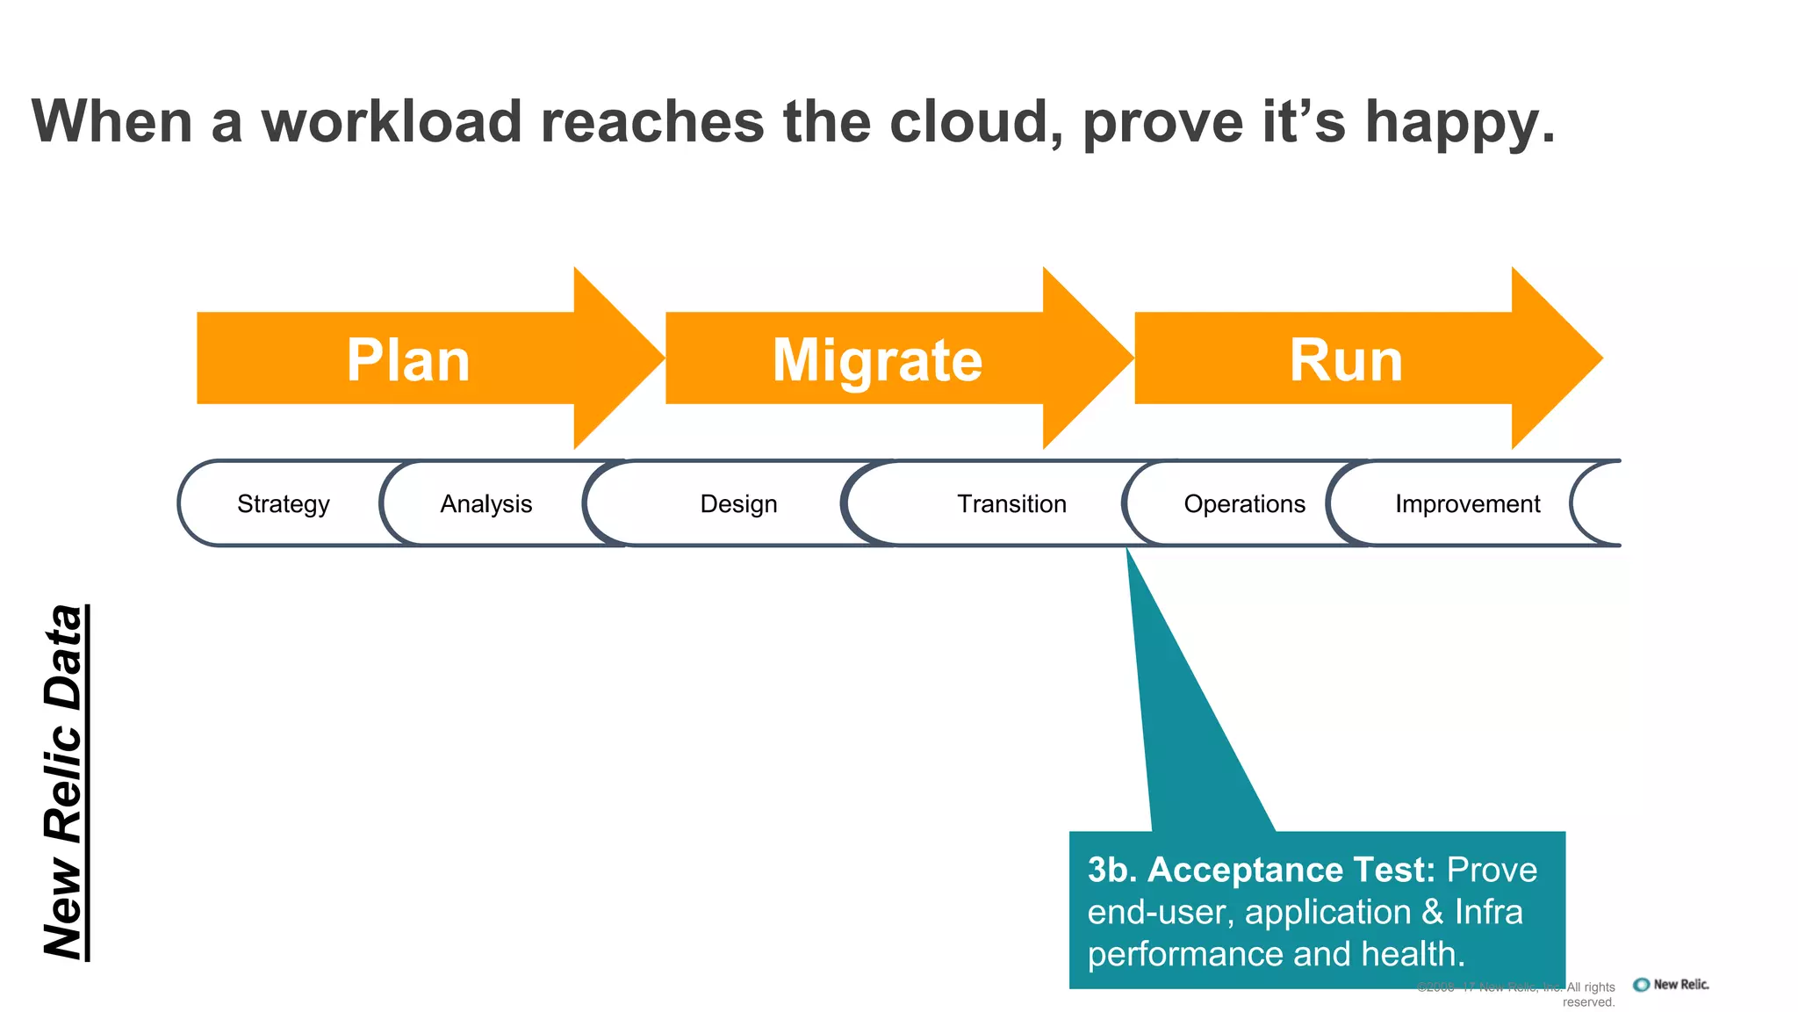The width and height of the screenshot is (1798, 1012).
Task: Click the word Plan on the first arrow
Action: [408, 360]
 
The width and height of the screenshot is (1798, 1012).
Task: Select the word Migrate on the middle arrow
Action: [877, 360]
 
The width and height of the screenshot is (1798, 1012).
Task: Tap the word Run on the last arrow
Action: [1346, 360]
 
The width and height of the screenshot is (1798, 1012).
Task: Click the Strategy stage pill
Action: [283, 504]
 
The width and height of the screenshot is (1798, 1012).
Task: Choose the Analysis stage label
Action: [485, 504]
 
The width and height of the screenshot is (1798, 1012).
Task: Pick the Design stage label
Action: [738, 504]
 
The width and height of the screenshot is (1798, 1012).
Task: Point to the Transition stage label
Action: [1011, 504]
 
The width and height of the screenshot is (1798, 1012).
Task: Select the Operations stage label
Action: [1244, 504]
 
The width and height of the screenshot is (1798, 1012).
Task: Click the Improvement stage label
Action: [1467, 504]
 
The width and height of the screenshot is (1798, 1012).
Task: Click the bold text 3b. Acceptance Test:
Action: [1261, 870]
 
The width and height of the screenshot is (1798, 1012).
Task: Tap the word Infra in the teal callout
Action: [1488, 912]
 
